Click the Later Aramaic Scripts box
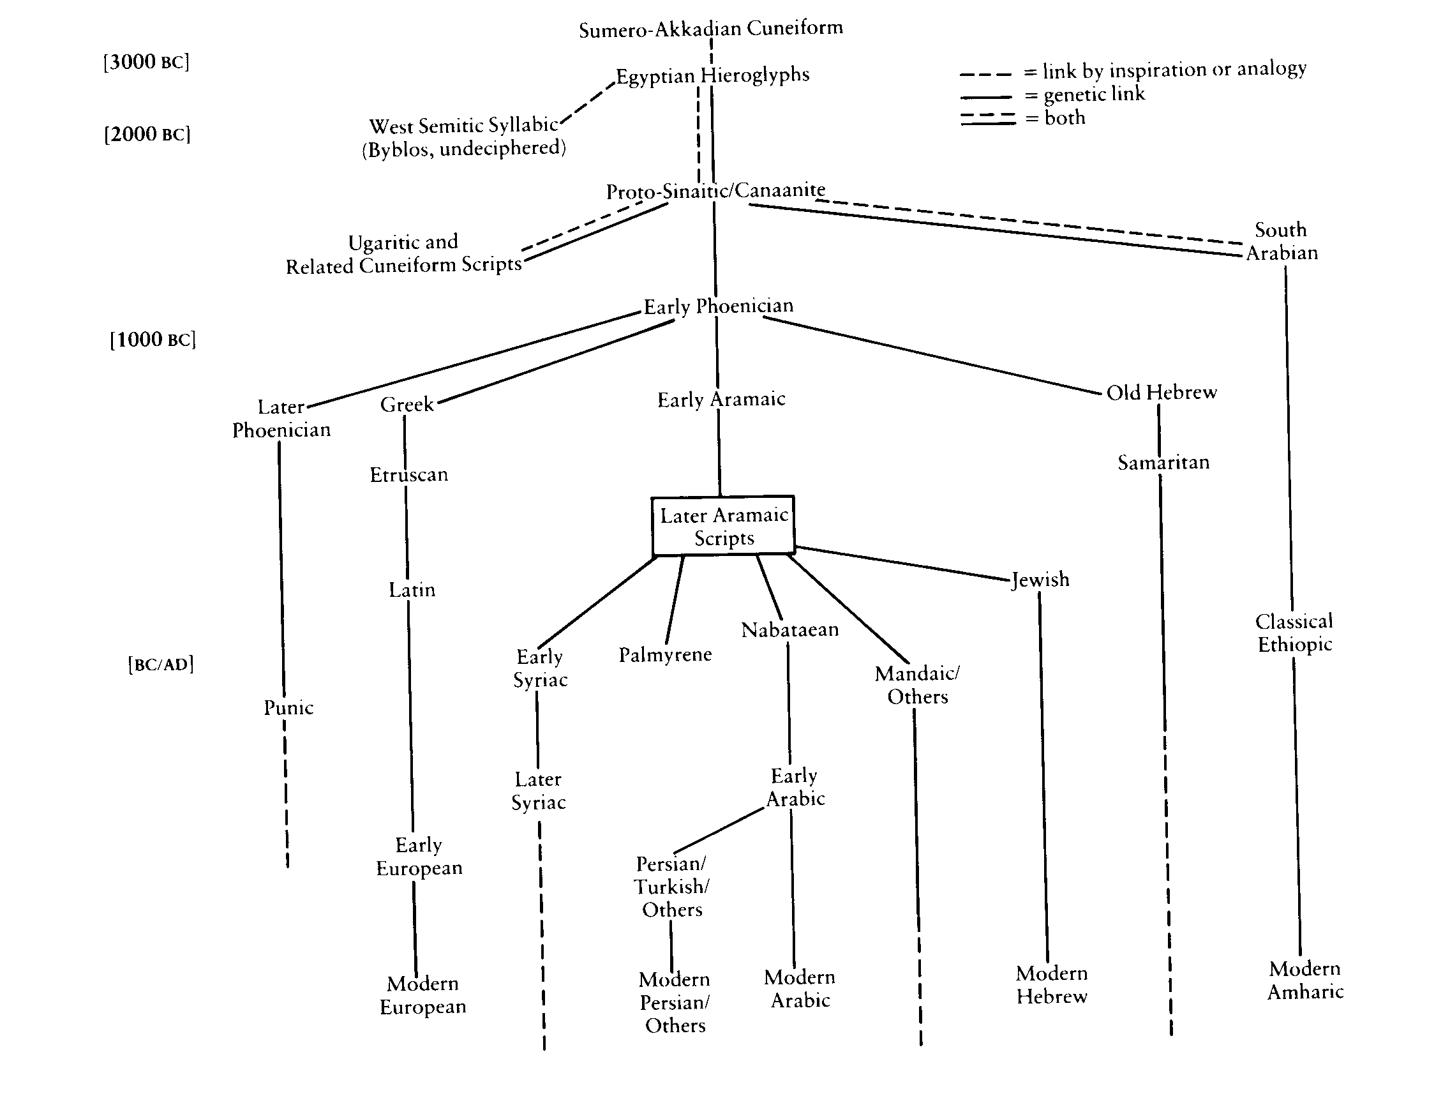[723, 525]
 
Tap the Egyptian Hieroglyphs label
[712, 75]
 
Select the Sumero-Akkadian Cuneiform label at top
[711, 29]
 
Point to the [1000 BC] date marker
[153, 340]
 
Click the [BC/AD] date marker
[161, 664]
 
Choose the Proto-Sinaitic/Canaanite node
[715, 191]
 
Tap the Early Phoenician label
[718, 306]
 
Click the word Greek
[407, 404]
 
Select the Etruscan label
[408, 474]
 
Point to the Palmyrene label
[665, 654]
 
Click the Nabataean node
[789, 629]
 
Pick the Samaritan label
[1163, 462]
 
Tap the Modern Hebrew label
[1052, 984]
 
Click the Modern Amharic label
[1305, 980]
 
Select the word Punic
[288, 707]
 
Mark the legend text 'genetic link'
[1094, 94]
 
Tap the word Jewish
[1040, 579]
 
